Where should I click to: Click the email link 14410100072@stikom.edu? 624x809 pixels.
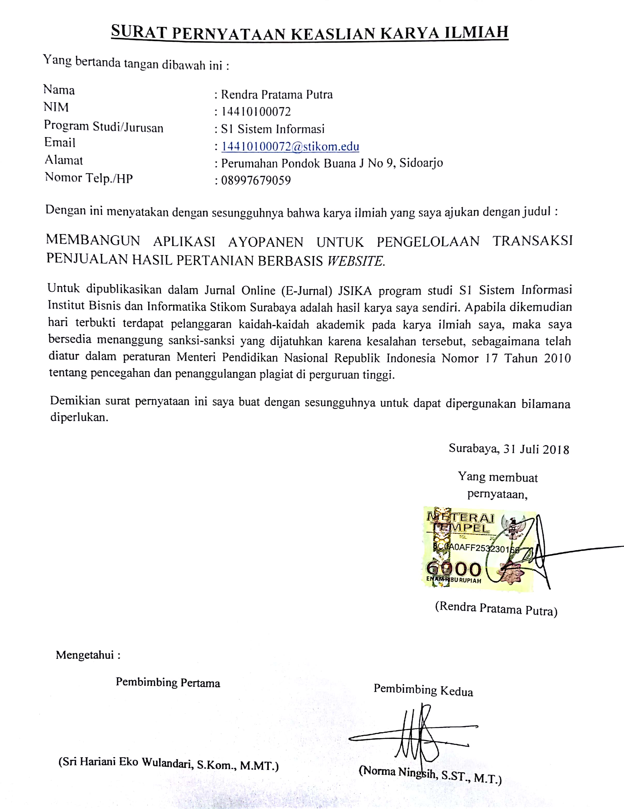(290, 147)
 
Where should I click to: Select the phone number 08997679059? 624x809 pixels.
(256, 180)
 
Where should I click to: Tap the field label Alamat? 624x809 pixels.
(64, 160)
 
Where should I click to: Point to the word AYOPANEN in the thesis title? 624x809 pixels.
(266, 242)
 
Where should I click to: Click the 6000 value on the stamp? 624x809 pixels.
(454, 569)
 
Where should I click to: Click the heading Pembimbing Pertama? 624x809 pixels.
(168, 682)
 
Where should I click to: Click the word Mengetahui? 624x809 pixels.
(85, 655)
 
